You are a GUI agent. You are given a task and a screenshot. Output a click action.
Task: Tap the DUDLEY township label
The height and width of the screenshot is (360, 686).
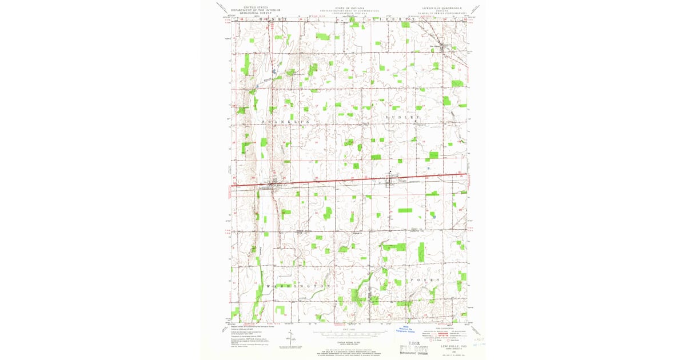point(400,117)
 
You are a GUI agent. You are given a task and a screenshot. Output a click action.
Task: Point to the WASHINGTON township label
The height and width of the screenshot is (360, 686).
point(297,285)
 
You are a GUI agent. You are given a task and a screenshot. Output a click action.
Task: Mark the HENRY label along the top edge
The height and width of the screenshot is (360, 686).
point(273,19)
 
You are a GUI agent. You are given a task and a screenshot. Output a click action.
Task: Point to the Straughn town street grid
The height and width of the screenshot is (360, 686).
point(390,182)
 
